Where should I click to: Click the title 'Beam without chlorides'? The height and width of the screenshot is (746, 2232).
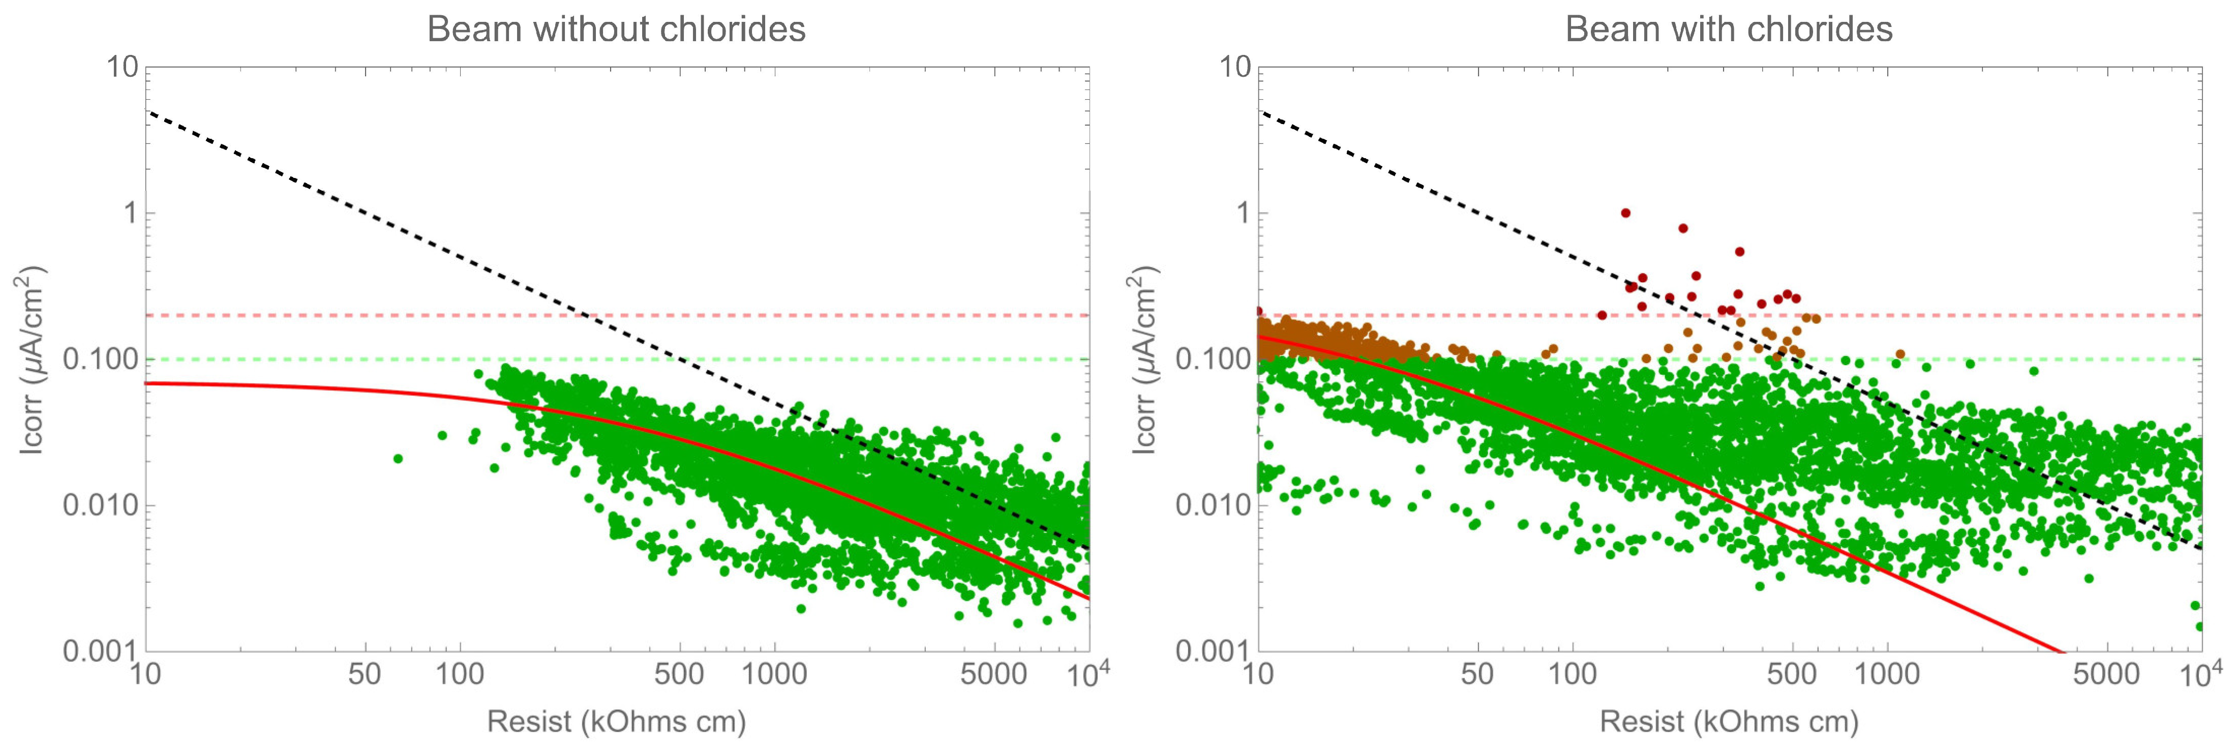point(616,29)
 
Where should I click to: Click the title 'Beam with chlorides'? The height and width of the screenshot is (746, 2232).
point(1729,29)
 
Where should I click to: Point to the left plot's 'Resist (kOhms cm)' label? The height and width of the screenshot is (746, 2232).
point(616,721)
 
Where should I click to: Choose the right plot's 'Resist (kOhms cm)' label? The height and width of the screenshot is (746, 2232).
point(1729,721)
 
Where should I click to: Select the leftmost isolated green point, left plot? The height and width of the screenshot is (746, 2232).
point(398,458)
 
